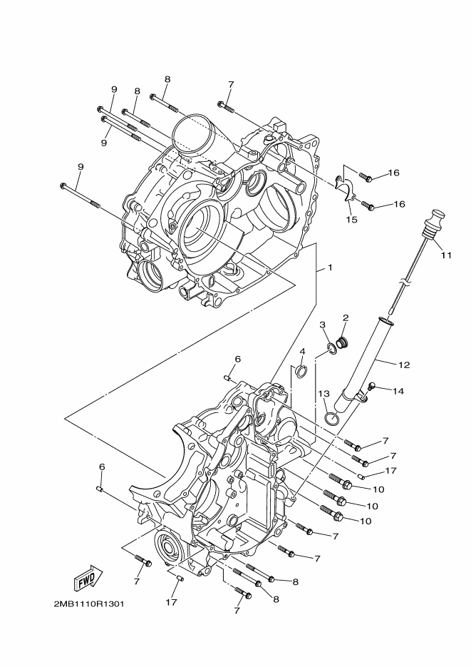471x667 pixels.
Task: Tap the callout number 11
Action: [446, 254]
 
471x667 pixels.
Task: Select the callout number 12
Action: [404, 365]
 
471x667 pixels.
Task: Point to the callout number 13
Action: [324, 393]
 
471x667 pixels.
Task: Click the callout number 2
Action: [346, 317]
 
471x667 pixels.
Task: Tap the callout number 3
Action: [322, 325]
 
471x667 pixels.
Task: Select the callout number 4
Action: [302, 352]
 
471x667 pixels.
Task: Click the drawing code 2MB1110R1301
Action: [89, 603]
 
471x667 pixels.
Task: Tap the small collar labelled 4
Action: [300, 371]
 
